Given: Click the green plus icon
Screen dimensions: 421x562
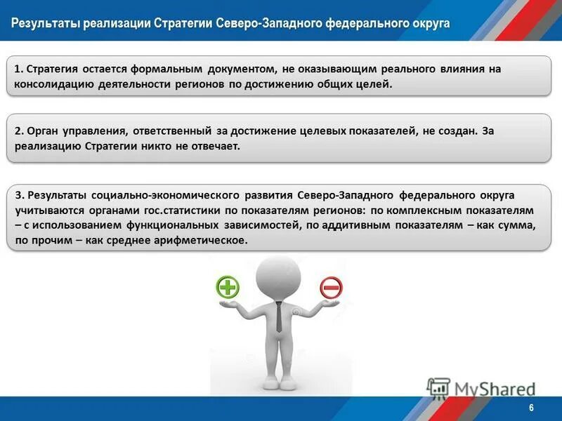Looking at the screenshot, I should pyautogui.click(x=228, y=286).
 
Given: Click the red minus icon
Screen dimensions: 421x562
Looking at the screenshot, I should pyautogui.click(x=331, y=286).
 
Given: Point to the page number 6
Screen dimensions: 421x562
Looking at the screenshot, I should pyautogui.click(x=531, y=408).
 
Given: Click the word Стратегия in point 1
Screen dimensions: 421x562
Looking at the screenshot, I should pyautogui.click(x=52, y=69).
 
